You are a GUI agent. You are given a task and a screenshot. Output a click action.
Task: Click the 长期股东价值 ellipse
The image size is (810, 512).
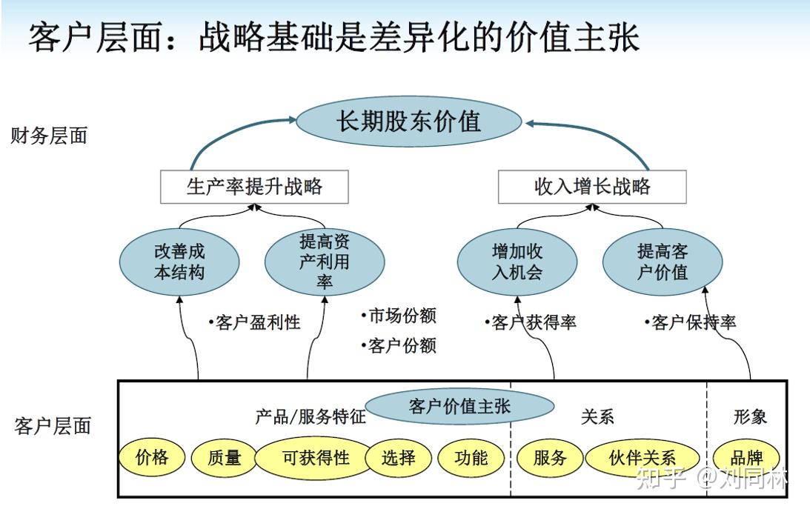coord(408,122)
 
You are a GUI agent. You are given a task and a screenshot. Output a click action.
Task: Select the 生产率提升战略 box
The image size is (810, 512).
coord(254,187)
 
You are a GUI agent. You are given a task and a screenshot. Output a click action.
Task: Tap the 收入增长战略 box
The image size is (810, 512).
coord(592,187)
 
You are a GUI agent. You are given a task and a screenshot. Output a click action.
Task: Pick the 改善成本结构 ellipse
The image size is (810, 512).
coord(179,262)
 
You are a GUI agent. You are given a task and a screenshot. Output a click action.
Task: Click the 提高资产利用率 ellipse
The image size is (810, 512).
coord(325,262)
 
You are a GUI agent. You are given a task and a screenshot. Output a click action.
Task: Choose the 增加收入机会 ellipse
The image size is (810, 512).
coord(517,262)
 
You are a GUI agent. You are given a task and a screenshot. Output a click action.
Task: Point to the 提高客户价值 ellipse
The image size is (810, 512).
coord(663,262)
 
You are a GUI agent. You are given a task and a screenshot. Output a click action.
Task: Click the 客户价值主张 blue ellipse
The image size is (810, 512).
coord(459,406)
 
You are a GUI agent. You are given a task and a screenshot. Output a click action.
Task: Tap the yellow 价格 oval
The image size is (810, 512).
coord(152,457)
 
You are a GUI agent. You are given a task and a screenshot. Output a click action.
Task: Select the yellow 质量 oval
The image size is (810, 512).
coord(225,457)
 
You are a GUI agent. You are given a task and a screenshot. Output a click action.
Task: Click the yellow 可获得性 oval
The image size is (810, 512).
coord(315,457)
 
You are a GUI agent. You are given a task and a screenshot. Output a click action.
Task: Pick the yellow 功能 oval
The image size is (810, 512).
coord(471,457)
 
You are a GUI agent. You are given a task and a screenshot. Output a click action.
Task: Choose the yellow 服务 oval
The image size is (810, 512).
coord(550,457)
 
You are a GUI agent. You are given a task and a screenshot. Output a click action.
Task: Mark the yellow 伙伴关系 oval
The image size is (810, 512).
coord(642,457)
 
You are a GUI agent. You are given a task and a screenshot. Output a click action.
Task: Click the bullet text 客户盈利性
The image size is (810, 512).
coord(254,322)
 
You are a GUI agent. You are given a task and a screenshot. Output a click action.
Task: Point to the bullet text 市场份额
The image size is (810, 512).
coord(399,315)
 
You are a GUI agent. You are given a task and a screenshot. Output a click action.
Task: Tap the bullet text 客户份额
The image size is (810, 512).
coord(399,345)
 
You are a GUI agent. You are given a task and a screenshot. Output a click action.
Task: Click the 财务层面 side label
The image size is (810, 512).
coord(49,136)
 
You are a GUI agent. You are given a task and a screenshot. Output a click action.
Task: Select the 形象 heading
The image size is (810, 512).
coord(750,416)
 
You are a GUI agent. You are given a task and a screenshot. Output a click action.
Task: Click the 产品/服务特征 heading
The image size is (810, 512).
coord(311,416)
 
